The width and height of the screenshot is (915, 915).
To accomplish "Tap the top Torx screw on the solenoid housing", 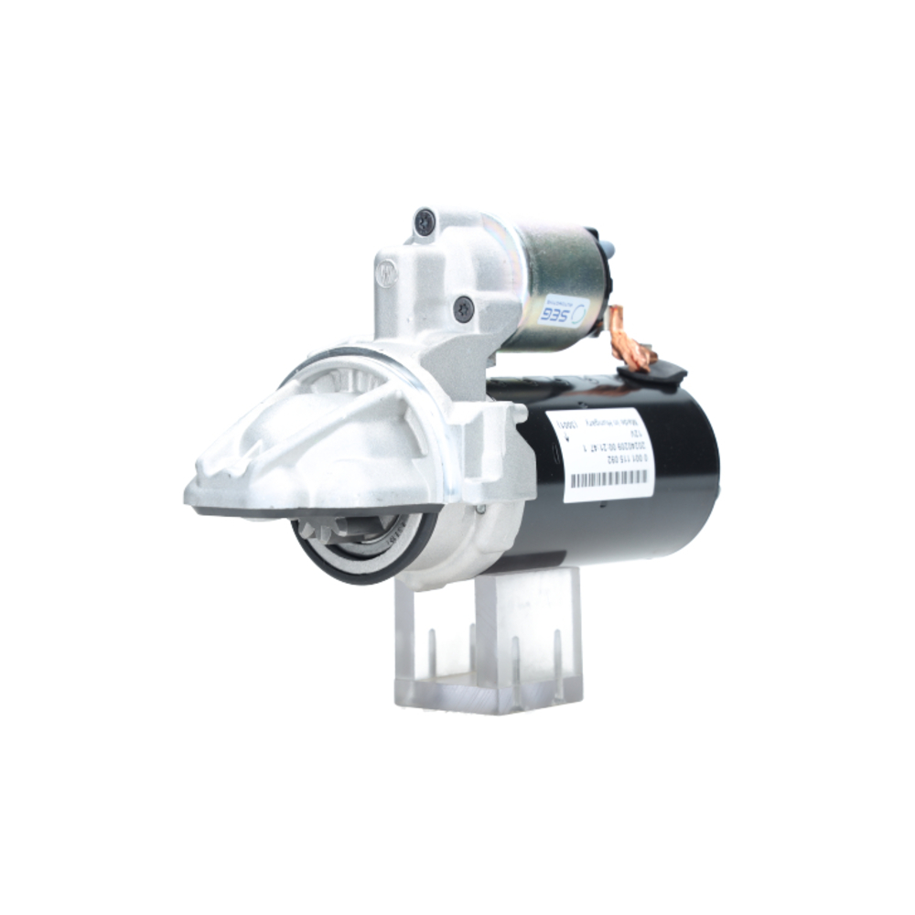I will (425, 221).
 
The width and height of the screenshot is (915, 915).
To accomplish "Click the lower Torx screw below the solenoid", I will (464, 309).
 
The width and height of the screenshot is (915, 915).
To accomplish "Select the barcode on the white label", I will (608, 479).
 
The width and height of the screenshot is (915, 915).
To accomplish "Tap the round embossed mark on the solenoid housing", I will (387, 273).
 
